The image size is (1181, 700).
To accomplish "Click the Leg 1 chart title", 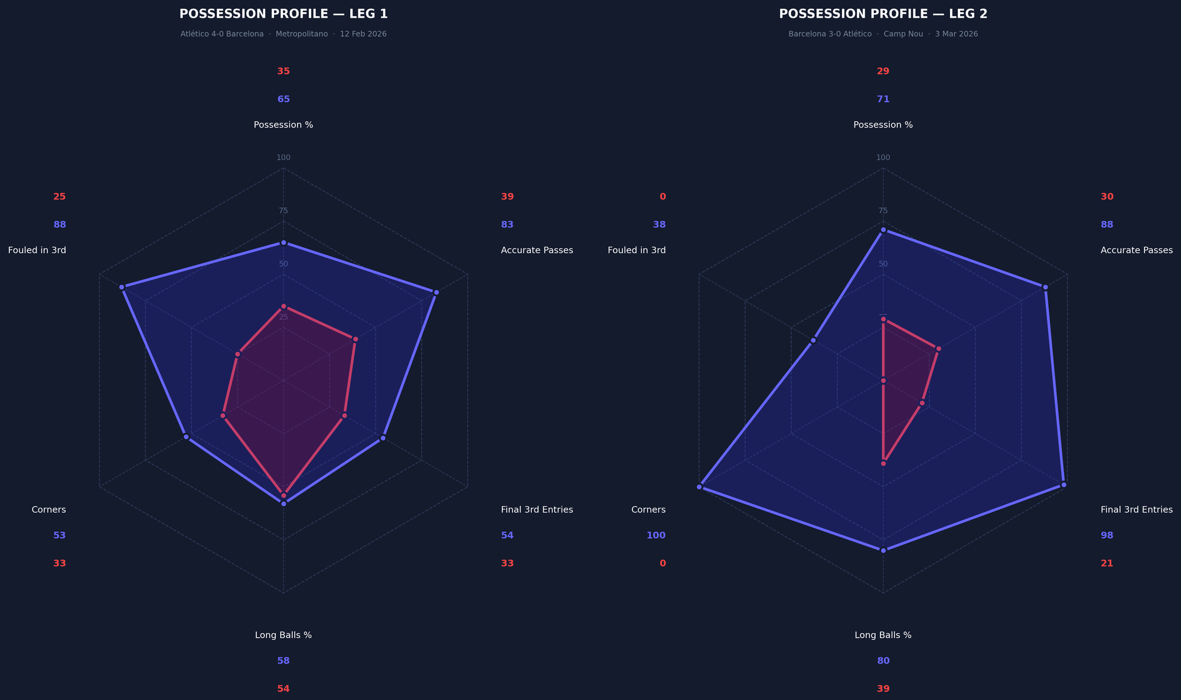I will (x=283, y=14).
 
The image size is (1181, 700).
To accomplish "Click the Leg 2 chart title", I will (x=883, y=14).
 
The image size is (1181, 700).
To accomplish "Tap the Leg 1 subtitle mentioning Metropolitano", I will (x=283, y=34).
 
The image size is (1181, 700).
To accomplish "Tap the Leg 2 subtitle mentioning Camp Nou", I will (x=883, y=34).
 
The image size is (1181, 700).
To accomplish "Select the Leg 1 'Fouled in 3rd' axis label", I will (x=37, y=250).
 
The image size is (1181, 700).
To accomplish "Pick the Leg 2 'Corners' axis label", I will (x=648, y=509).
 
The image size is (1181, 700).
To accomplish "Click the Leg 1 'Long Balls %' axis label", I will (x=283, y=635).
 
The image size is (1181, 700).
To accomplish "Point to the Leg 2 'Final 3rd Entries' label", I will (x=1136, y=509).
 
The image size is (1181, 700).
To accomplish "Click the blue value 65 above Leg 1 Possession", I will (x=283, y=99).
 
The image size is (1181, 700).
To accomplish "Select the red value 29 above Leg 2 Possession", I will (x=883, y=71).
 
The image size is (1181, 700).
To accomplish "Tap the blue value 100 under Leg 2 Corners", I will (x=655, y=535).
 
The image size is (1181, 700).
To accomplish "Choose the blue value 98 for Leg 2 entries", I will (x=1107, y=535).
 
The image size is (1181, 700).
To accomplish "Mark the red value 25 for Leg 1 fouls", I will (x=60, y=197).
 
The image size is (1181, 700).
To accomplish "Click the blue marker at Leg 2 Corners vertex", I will (x=699, y=487).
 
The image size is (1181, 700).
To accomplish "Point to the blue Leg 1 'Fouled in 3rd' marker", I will (x=122, y=287).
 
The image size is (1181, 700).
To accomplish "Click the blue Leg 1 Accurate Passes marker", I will (x=436, y=293).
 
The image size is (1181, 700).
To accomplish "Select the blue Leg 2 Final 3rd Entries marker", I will (x=1063, y=485).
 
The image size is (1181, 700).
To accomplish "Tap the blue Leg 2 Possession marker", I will (x=883, y=230).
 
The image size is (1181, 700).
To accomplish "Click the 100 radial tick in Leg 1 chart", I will (x=283, y=158).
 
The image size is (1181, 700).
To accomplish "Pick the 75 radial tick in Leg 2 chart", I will (x=883, y=211).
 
